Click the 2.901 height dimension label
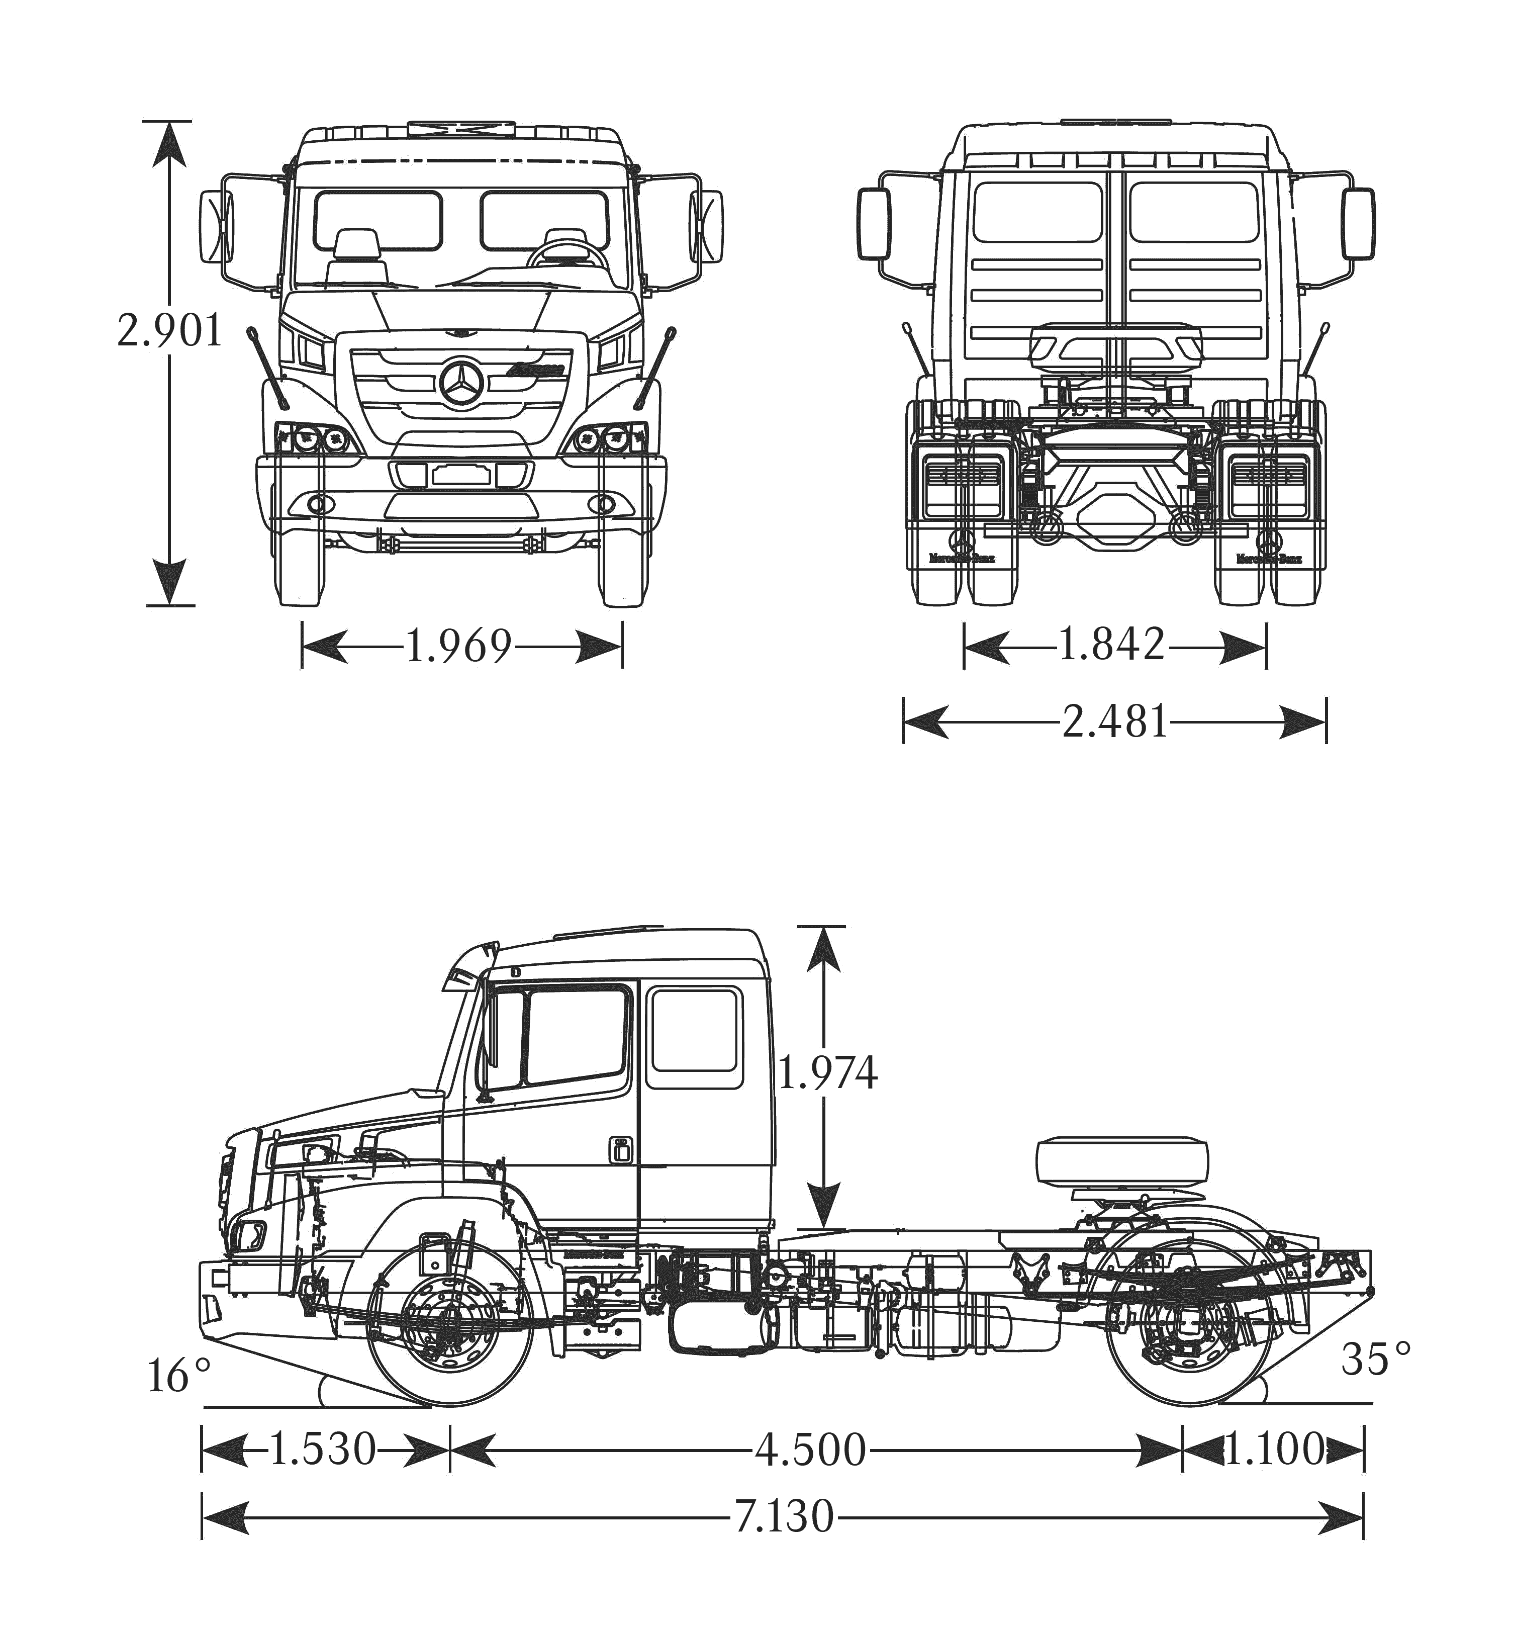pyautogui.click(x=169, y=331)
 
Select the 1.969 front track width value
pyautogui.click(x=458, y=646)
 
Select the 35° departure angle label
pyautogui.click(x=1375, y=1360)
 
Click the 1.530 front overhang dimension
pyautogui.click(x=322, y=1449)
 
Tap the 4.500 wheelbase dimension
pyautogui.click(x=810, y=1451)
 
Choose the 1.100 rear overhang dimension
pyautogui.click(x=1274, y=1451)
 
